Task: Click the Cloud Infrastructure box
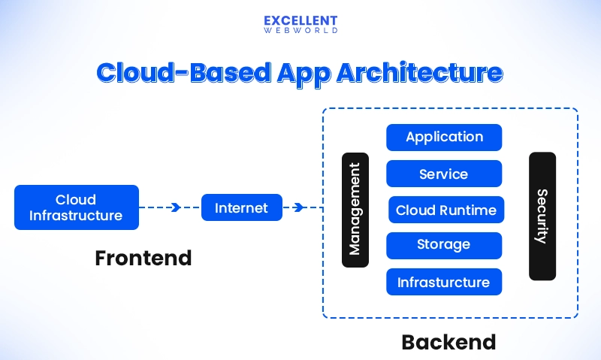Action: tap(77, 207)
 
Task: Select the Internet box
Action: tap(241, 207)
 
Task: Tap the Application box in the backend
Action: tap(444, 137)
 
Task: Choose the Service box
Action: tap(444, 174)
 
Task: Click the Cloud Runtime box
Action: tap(446, 210)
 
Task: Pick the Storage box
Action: tap(444, 245)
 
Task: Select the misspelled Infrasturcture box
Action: tap(444, 282)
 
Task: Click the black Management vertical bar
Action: tap(355, 210)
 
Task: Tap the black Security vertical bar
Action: tap(542, 216)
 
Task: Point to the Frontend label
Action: tap(143, 258)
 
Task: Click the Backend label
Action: tap(448, 342)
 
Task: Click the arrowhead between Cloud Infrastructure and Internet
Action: tap(176, 207)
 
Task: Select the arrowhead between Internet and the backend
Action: tap(299, 207)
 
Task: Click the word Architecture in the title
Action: tap(420, 73)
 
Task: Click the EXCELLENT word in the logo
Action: tap(300, 20)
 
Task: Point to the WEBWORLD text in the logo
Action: tap(300, 31)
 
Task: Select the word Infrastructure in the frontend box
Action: tap(77, 216)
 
